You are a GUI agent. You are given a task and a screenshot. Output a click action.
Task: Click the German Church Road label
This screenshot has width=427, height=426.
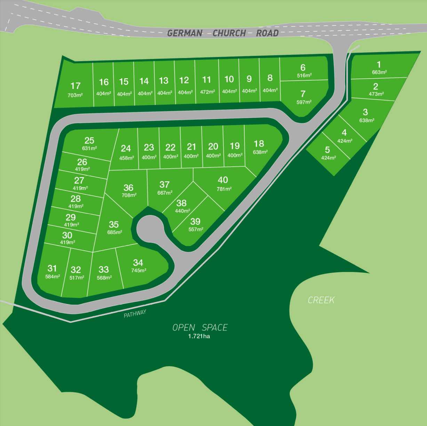223,33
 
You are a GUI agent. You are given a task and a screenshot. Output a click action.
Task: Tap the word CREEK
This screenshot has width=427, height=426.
321,300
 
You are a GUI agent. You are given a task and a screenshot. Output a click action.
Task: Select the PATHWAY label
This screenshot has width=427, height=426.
135,314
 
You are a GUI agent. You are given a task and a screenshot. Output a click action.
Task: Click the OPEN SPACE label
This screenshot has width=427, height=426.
200,328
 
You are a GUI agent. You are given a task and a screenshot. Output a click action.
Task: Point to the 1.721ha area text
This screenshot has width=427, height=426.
199,336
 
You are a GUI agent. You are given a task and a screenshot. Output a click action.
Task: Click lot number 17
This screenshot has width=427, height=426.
75,86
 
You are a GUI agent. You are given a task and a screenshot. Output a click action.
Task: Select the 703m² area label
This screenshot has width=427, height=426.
75,95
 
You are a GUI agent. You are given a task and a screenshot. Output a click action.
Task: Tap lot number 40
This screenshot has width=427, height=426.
223,180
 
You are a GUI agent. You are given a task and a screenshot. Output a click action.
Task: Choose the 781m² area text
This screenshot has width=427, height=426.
224,189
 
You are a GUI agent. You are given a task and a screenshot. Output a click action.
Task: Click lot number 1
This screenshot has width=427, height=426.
379,64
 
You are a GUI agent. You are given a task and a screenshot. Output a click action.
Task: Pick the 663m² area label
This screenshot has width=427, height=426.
379,72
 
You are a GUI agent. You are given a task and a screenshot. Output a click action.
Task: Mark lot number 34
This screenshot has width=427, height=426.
138,263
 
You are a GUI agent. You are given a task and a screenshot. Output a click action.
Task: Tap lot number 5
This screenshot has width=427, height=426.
327,150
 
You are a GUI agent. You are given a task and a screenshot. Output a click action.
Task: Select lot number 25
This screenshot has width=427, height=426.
89,140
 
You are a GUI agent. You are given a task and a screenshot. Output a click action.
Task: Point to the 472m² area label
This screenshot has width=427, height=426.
207,91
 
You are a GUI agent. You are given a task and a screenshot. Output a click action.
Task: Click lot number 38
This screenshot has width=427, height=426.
181,203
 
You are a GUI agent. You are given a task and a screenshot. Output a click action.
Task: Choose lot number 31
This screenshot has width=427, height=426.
52,268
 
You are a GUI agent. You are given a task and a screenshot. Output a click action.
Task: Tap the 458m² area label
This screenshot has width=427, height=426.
127,158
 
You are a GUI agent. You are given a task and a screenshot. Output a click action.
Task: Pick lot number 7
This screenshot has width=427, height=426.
303,94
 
